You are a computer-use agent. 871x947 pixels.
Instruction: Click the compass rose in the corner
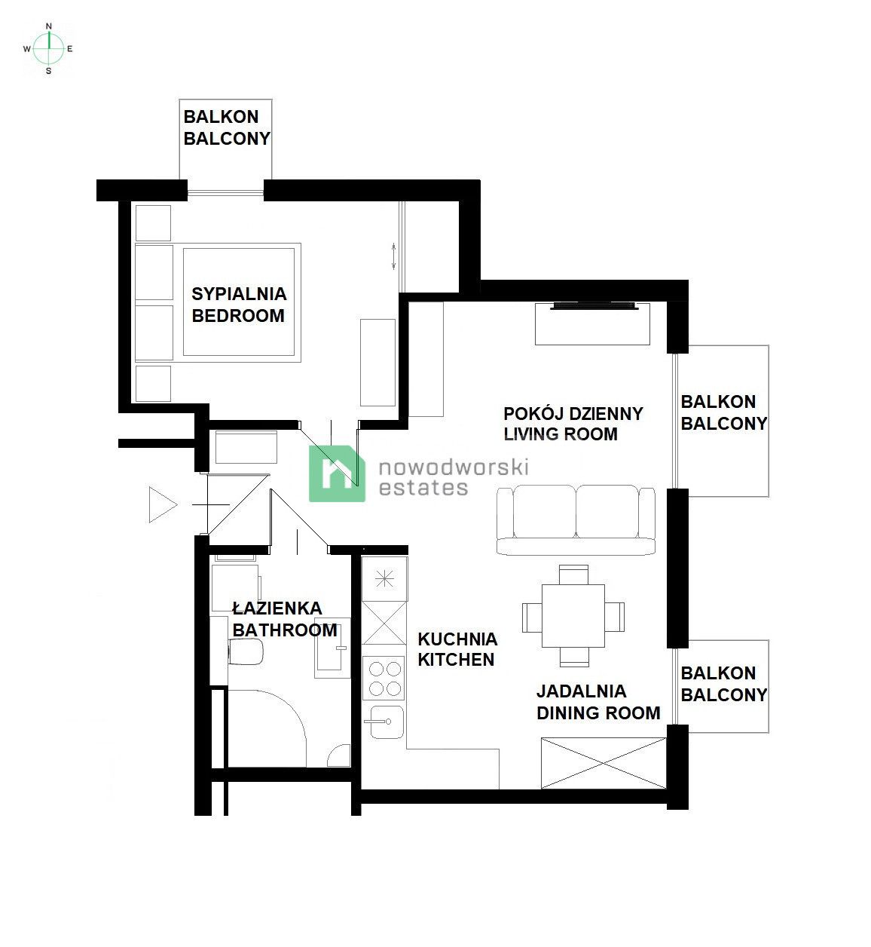point(48,48)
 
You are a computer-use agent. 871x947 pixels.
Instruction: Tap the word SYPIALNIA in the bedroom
point(239,294)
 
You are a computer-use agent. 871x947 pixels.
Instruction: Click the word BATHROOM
point(285,630)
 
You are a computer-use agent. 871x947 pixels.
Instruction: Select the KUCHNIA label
point(457,639)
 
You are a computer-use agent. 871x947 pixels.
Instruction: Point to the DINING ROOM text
point(598,713)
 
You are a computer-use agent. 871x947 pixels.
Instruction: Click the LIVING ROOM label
point(561,434)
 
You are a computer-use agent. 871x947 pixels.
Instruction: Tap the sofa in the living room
point(576,519)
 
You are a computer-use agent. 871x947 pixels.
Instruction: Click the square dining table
point(573,615)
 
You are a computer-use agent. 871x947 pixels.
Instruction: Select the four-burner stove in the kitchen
point(384,678)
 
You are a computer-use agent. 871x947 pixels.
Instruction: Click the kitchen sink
point(387,722)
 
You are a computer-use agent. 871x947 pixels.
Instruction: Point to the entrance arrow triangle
point(163,504)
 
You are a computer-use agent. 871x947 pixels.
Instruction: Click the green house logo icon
point(337,473)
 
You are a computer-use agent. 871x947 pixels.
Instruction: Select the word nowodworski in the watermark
point(454,467)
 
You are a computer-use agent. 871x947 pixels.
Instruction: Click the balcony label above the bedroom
point(227,127)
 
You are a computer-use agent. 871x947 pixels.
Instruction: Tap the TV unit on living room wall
point(593,323)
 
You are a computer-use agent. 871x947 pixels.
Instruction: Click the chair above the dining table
point(573,575)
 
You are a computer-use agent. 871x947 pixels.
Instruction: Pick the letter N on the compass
point(49,26)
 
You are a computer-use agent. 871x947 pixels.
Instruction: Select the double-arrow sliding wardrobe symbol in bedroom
point(393,257)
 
